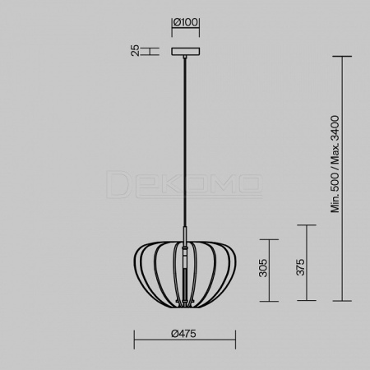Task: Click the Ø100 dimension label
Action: (x=186, y=22)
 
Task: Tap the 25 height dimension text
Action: (x=135, y=51)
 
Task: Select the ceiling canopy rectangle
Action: (x=186, y=51)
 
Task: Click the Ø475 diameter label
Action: (x=183, y=334)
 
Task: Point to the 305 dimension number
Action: (x=263, y=267)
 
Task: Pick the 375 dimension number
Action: (x=300, y=267)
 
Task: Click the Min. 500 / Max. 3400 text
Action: (x=335, y=164)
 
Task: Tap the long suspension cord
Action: (x=185, y=142)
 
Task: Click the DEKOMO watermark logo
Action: (x=184, y=184)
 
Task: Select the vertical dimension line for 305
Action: (x=269, y=271)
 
